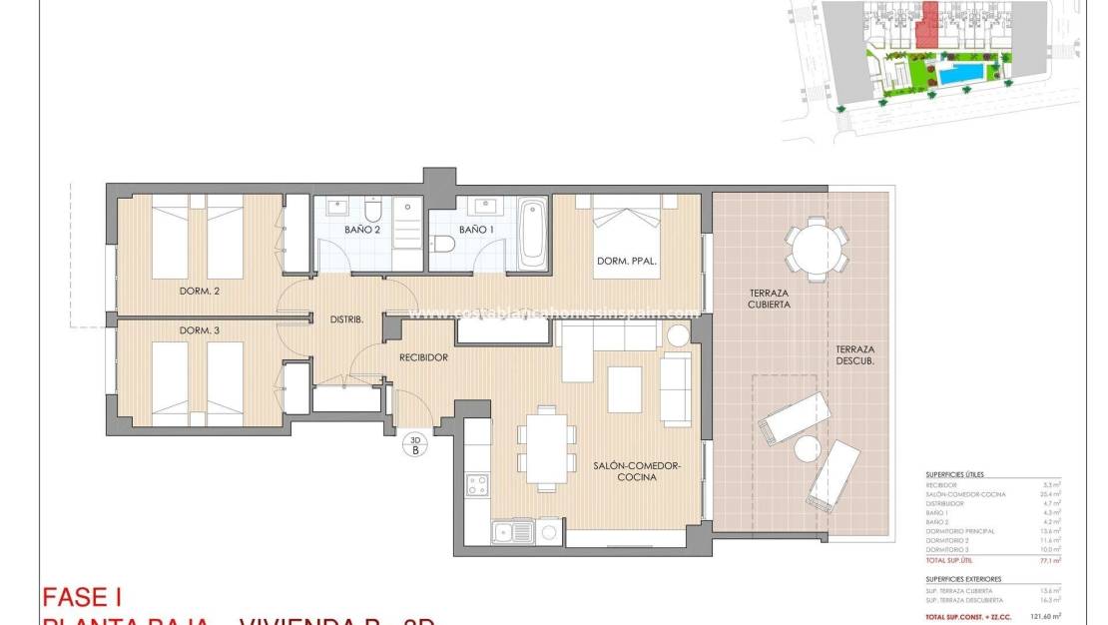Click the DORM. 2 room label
pyautogui.click(x=199, y=292)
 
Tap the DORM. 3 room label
pyautogui.click(x=199, y=330)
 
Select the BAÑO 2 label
pyautogui.click(x=363, y=230)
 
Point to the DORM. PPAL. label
pyautogui.click(x=627, y=262)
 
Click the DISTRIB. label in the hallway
pyautogui.click(x=346, y=319)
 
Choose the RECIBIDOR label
pyautogui.click(x=423, y=356)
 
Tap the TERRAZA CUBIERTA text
pyautogui.click(x=770, y=299)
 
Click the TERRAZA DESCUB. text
pyautogui.click(x=854, y=355)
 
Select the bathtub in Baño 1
pyautogui.click(x=532, y=234)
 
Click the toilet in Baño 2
pyautogui.click(x=373, y=211)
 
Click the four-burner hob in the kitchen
pyautogui.click(x=478, y=485)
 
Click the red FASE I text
pyautogui.click(x=81, y=597)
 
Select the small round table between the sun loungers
pyautogui.click(x=807, y=449)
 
